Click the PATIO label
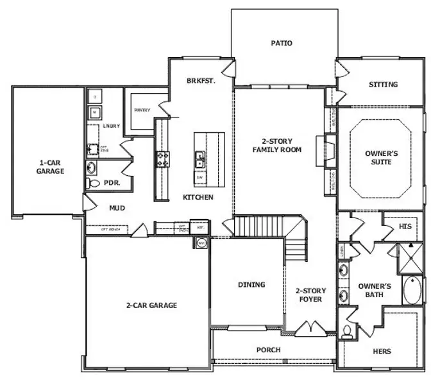[x=282, y=44]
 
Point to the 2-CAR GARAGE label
[x=151, y=305]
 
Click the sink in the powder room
[x=91, y=168]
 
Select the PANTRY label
[x=142, y=110]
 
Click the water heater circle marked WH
[x=201, y=243]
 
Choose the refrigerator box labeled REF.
[x=200, y=228]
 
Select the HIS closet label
[x=404, y=227]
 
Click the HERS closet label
[x=382, y=351]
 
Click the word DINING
[x=251, y=284]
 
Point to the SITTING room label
[x=383, y=85]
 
